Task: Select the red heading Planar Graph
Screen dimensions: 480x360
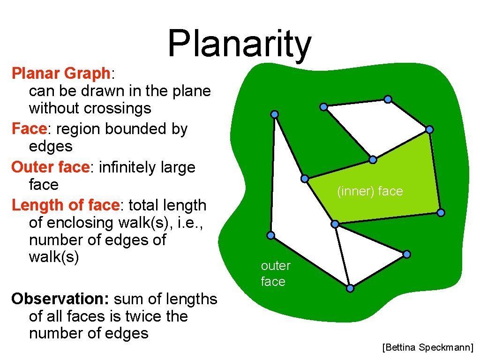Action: (60, 74)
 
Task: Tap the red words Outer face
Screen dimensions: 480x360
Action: (50, 167)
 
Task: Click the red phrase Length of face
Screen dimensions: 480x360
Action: (66, 205)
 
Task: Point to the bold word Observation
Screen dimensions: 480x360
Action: (60, 299)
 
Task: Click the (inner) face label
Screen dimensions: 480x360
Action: (370, 191)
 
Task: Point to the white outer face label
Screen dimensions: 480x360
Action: (275, 273)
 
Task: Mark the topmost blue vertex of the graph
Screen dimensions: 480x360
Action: (388, 99)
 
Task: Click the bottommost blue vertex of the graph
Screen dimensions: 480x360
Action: (350, 288)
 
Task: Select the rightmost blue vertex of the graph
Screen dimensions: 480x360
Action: (441, 213)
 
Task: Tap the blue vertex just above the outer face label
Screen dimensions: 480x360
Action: (270, 235)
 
